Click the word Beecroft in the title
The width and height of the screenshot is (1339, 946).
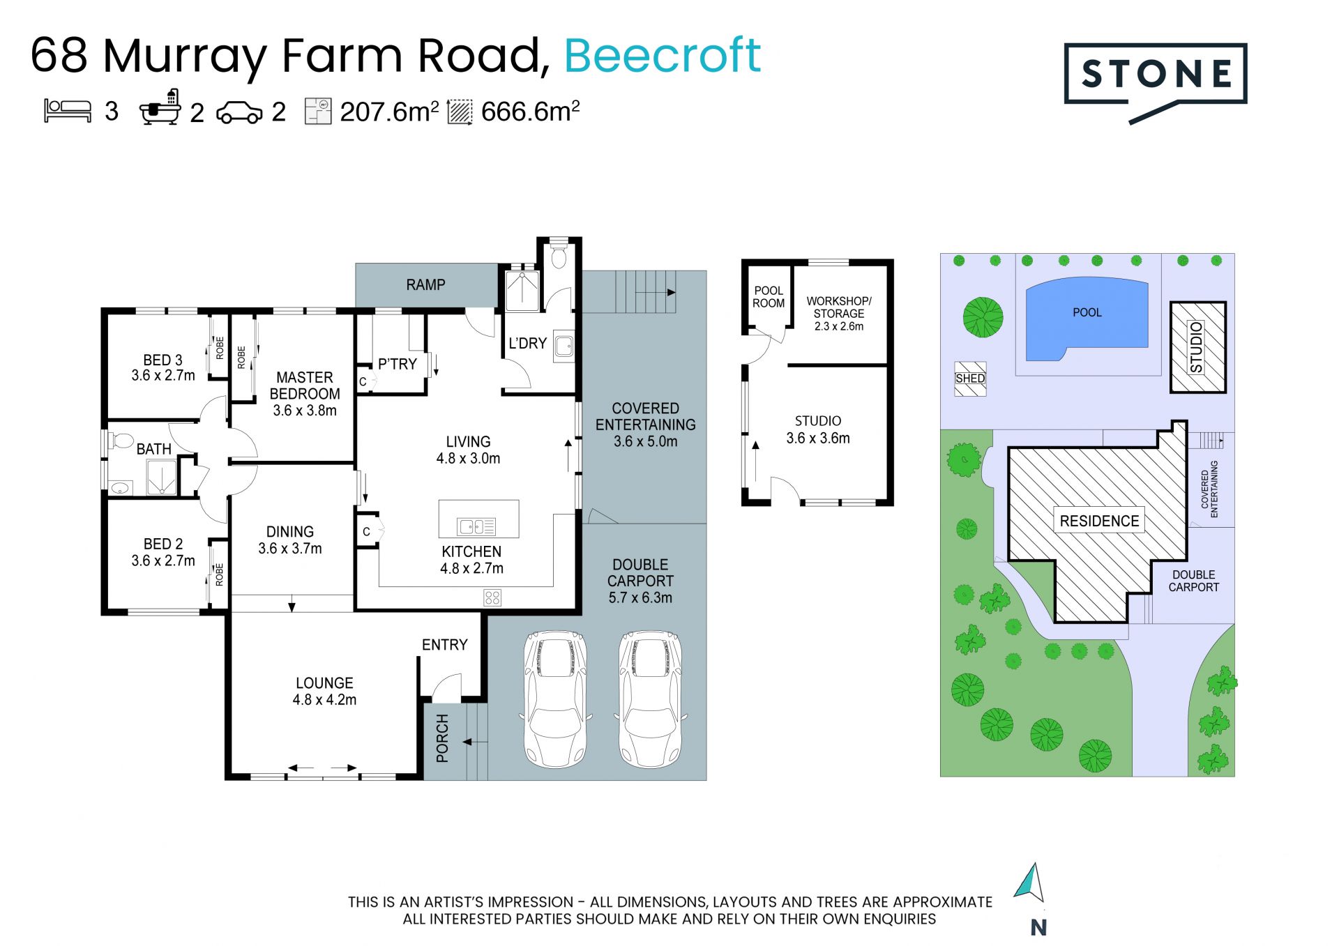tap(662, 55)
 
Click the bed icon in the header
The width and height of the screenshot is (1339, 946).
tap(68, 111)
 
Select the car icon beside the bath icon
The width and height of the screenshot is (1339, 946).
tap(239, 112)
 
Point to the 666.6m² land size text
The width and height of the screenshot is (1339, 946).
tap(530, 112)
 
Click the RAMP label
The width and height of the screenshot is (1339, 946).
tap(425, 284)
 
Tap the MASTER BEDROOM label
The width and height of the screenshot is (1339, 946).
tap(305, 386)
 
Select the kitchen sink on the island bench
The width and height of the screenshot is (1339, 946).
tap(476, 526)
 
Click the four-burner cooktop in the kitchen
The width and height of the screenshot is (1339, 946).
tap(492, 597)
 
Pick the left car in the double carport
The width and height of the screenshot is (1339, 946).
tap(555, 699)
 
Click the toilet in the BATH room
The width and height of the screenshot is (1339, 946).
tap(121, 441)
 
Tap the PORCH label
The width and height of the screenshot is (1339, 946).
tap(442, 738)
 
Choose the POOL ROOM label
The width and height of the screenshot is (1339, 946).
tap(769, 297)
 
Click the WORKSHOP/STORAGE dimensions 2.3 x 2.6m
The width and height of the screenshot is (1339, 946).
tap(839, 326)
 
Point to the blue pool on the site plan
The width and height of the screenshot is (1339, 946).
tap(1087, 319)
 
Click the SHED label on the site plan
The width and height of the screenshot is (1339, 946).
tap(970, 379)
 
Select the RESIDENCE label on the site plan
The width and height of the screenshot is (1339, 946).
tap(1099, 521)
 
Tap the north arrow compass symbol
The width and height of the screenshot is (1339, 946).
tap(1030, 883)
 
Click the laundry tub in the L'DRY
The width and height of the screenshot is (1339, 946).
tap(564, 345)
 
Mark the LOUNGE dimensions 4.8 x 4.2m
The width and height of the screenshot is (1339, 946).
tap(324, 700)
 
